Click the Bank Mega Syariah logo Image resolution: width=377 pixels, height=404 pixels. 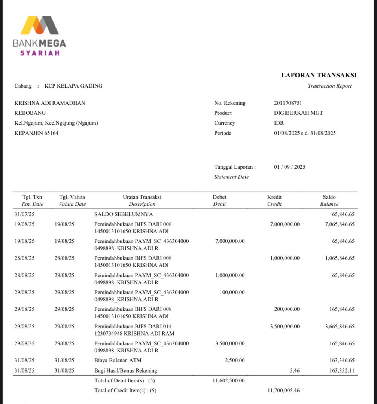point(39,36)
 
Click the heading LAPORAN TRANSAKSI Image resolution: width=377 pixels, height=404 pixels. point(319,75)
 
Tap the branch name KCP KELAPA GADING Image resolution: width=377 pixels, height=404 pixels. point(73,86)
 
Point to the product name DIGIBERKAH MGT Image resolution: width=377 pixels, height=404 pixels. point(298,113)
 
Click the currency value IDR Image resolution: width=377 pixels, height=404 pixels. point(279,123)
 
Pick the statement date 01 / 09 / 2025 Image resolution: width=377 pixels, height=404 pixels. point(289,167)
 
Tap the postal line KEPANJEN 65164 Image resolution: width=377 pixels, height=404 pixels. point(36,133)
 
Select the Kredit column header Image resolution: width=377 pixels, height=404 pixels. point(274,197)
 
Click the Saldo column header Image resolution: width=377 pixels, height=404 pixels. point(329,197)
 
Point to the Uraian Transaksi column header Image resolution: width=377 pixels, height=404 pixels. point(142,197)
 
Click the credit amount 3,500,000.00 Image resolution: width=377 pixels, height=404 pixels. point(285,327)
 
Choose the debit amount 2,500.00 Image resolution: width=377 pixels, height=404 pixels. point(235,361)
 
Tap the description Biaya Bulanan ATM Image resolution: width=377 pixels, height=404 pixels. point(118,361)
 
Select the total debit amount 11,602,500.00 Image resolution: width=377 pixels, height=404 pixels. point(228,380)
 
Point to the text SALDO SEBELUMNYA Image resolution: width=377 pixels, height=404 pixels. point(124,214)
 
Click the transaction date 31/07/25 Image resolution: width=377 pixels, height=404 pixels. point(24,214)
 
